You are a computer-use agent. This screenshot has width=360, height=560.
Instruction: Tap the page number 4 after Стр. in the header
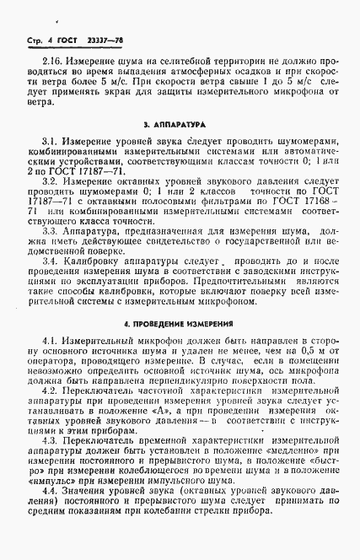click(x=50, y=40)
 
